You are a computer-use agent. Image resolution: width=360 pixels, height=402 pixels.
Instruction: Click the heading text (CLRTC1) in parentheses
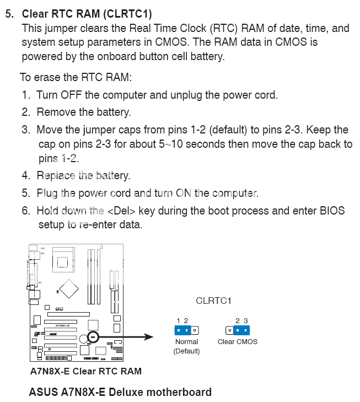[127, 14]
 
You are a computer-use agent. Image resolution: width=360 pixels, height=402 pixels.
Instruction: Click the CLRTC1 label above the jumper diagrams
[213, 301]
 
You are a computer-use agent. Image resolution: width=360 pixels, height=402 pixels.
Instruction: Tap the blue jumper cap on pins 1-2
[182, 330]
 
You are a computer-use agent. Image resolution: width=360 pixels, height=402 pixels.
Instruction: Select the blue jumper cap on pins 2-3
[241, 330]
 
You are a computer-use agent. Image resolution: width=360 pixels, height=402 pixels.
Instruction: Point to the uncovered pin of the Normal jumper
[195, 330]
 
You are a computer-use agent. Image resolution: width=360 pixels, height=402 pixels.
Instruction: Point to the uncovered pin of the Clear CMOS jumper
[229, 330]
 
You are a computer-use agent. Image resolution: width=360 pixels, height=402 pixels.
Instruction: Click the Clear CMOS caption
[238, 342]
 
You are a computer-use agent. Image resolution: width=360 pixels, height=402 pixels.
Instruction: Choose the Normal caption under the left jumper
[186, 342]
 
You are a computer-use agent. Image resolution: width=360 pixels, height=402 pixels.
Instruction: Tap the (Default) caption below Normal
[186, 351]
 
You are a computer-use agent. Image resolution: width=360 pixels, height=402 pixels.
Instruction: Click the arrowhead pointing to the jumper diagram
[148, 337]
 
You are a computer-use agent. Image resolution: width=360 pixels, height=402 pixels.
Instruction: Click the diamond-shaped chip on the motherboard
[69, 289]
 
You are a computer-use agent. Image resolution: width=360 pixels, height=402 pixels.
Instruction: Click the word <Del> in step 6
[121, 211]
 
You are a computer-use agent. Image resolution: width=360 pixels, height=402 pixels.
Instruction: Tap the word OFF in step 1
[71, 95]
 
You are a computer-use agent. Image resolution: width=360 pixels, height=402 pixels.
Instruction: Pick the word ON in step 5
[184, 193]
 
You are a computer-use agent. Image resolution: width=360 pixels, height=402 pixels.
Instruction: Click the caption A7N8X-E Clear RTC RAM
[86, 371]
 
